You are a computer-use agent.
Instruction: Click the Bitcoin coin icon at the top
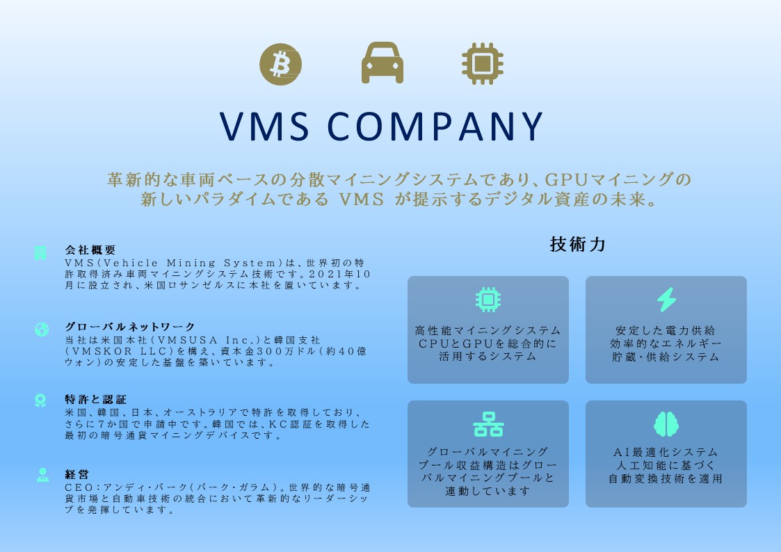tap(280, 64)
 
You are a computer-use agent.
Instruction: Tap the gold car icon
tap(382, 64)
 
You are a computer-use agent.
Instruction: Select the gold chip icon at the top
tap(483, 64)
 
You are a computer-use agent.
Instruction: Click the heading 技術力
tap(578, 245)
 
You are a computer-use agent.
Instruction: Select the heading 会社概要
tap(90, 250)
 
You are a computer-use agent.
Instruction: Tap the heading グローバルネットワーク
tap(130, 326)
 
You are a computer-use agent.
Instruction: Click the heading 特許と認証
tap(95, 399)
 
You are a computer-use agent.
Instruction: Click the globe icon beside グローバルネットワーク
tap(42, 329)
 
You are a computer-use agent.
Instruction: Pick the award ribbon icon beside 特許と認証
tap(41, 400)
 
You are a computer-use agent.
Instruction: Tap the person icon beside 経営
tap(42, 476)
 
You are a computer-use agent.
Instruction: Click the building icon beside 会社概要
tap(41, 253)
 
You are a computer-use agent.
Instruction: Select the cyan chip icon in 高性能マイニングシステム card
tap(488, 299)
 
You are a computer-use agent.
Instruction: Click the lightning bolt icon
tap(666, 299)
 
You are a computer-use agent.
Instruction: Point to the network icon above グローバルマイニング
tap(488, 424)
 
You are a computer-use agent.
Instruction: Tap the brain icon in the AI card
tap(666, 424)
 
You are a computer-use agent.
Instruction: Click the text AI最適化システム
tap(666, 452)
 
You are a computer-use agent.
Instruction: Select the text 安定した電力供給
tap(666, 330)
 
